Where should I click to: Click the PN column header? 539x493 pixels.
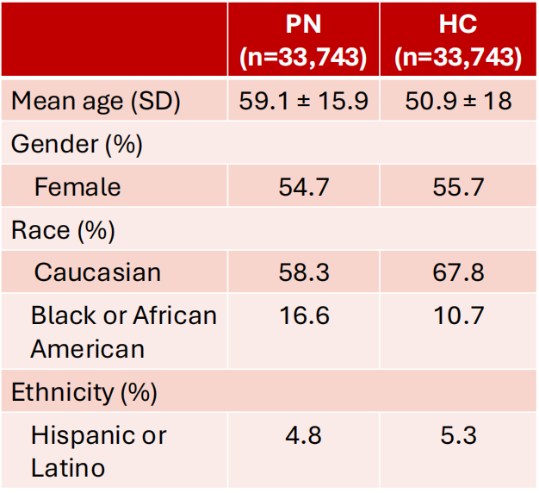pos(303,41)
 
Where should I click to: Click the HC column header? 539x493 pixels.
pos(458,41)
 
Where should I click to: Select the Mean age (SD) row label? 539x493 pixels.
pos(96,101)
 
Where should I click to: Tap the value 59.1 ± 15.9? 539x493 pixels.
pos(303,101)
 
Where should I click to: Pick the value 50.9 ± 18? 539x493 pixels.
pos(458,101)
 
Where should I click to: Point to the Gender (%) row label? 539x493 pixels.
pos(77,144)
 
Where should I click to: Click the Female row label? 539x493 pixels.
pos(77,187)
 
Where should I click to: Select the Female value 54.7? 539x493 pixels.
pos(304,187)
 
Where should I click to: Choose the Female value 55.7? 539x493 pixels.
pos(458,187)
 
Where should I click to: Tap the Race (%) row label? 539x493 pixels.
pos(63,230)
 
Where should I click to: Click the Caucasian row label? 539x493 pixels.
pos(97,272)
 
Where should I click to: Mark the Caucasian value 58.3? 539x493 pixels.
pos(304,272)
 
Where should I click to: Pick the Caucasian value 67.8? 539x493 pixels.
pos(458,272)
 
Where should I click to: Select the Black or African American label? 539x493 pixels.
pos(124,332)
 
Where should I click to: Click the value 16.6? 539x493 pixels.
pos(304,315)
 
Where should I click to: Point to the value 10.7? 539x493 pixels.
pos(459,315)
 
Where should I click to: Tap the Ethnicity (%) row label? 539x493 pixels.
pos(84,392)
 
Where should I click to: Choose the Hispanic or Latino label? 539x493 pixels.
pos(99,452)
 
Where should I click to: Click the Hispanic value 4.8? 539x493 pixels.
pos(303,435)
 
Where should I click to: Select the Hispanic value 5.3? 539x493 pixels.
pos(458,435)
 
